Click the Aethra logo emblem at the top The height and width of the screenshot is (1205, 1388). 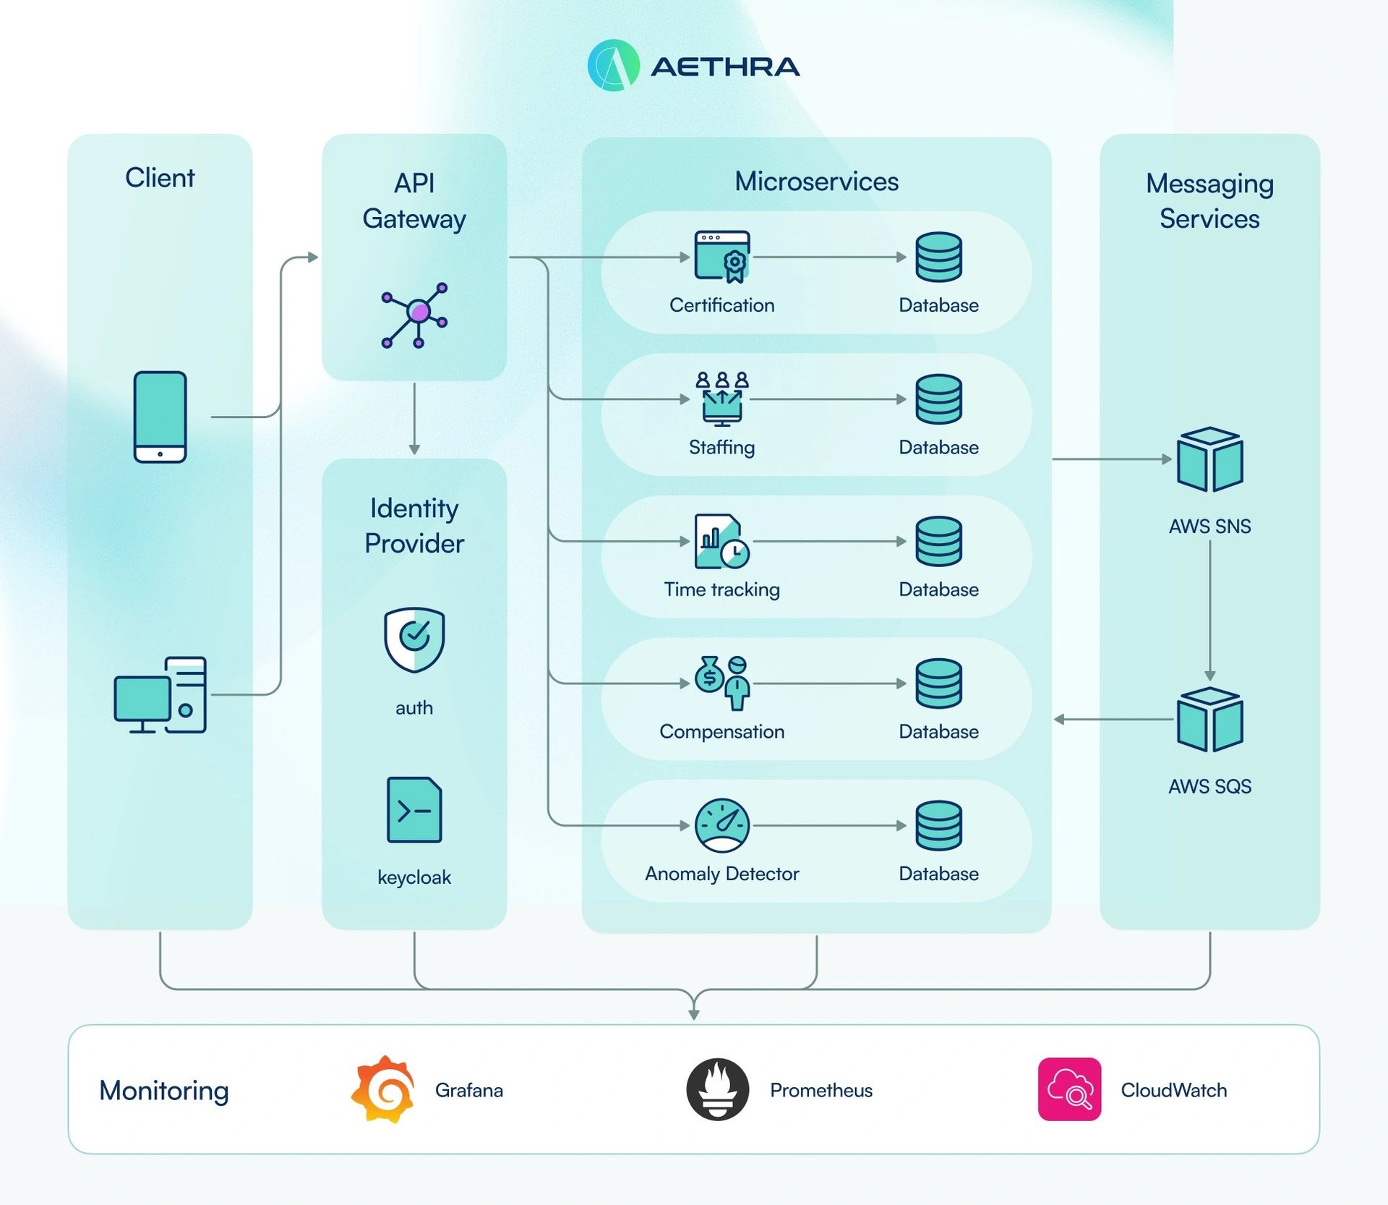[613, 65]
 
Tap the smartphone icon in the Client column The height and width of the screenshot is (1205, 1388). [160, 417]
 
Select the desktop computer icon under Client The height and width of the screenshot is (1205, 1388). [160, 695]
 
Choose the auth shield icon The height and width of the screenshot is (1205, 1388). [414, 639]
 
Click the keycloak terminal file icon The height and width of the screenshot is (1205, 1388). [414, 809]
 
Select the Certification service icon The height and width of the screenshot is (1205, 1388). [722, 256]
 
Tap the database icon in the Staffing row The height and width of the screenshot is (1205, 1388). [938, 399]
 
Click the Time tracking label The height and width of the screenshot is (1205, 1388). [721, 589]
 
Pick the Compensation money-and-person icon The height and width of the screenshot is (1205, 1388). [722, 683]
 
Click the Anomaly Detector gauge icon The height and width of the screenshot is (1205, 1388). [721, 825]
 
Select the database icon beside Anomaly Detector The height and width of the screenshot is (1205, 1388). [938, 825]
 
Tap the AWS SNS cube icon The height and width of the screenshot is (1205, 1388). [1209, 459]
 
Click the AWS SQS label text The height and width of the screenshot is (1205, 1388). [1209, 786]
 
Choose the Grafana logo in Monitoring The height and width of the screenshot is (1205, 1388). [383, 1089]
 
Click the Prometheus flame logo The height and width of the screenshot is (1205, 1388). [717, 1089]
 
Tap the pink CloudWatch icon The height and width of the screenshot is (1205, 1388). [1069, 1089]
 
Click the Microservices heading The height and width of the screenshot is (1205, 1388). [816, 182]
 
